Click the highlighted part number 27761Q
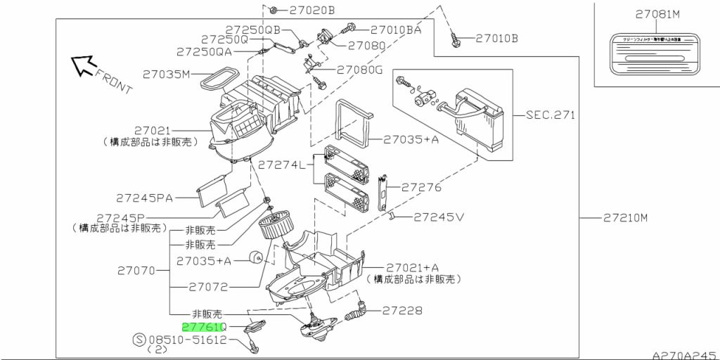[x=202, y=327]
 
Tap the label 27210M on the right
[x=624, y=218]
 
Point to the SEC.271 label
[x=550, y=115]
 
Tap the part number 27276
[x=421, y=188]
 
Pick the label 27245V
[x=439, y=217]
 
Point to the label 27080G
[x=359, y=70]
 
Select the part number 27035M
[x=167, y=74]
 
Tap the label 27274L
[x=281, y=165]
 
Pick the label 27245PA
[x=144, y=198]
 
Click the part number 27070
[x=138, y=270]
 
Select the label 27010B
[x=496, y=38]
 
